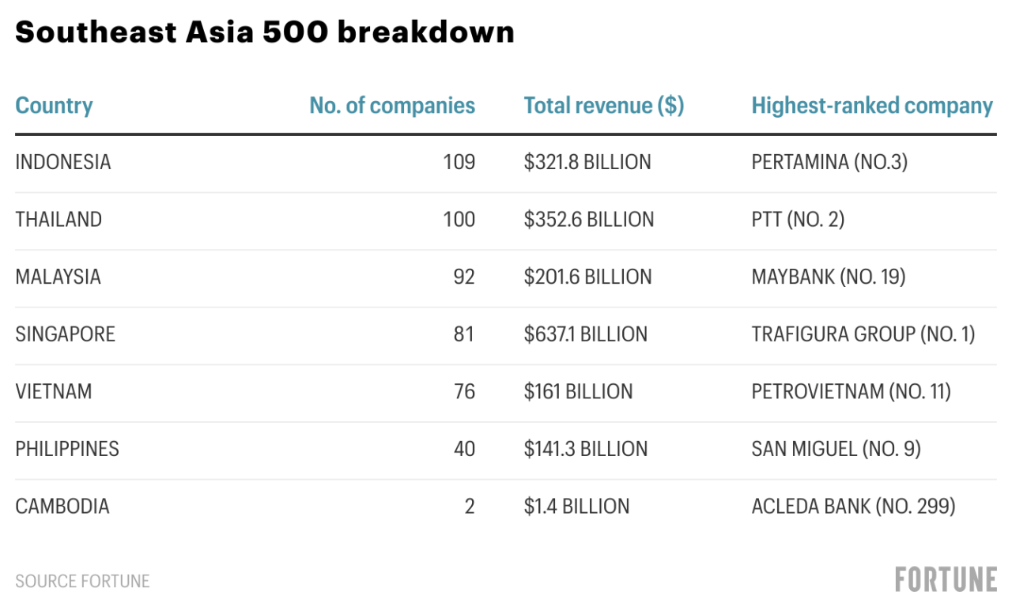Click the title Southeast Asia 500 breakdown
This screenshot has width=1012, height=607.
tap(265, 32)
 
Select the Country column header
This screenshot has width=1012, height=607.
tap(54, 106)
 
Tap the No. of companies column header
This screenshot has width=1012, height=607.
tap(392, 106)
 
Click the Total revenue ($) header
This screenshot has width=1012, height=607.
tap(603, 106)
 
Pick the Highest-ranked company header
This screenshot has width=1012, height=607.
tap(872, 106)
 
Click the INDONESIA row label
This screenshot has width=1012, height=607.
tap(63, 162)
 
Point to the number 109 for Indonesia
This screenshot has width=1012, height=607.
tap(459, 162)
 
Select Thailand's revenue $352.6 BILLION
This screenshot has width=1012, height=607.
tap(588, 220)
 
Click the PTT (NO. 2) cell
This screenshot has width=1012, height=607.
tap(798, 220)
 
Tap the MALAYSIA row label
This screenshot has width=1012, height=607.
tap(59, 277)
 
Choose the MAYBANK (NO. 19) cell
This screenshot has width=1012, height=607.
tap(828, 277)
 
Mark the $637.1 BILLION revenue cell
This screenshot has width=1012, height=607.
tap(585, 334)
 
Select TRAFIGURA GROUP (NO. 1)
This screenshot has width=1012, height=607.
tap(863, 334)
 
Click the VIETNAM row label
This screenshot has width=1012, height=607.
tap(54, 392)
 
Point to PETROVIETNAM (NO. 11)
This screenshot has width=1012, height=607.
tap(851, 392)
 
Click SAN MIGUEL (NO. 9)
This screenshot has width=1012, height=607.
tap(836, 449)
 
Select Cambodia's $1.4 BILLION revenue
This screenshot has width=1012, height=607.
tap(576, 507)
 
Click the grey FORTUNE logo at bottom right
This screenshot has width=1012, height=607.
tap(946, 579)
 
